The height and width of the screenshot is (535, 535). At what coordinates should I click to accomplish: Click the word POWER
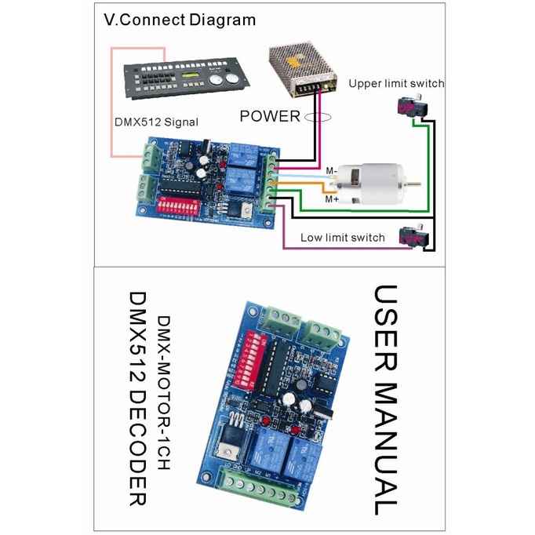click(270, 117)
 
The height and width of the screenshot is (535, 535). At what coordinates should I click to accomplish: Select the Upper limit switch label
click(396, 83)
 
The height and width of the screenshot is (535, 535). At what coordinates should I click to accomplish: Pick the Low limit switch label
click(343, 238)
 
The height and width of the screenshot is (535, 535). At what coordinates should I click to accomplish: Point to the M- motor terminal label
click(331, 171)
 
